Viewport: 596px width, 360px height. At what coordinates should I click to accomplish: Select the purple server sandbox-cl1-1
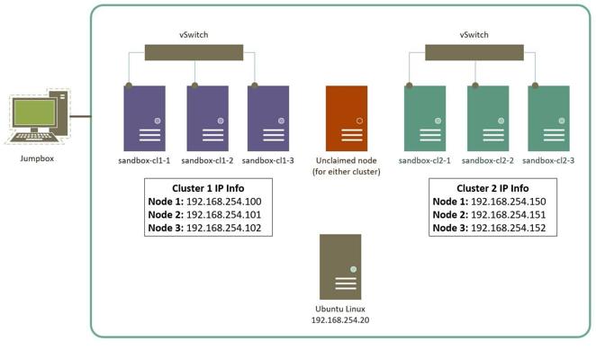(146, 117)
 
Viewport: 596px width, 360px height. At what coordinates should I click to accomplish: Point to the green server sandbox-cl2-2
(486, 117)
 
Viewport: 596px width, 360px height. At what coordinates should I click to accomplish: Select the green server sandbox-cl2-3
(548, 117)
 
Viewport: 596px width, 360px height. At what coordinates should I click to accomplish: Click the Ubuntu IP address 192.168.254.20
(340, 320)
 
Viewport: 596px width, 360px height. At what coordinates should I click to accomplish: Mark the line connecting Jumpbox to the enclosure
(81, 116)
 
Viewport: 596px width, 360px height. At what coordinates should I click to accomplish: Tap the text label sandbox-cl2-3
(549, 160)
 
